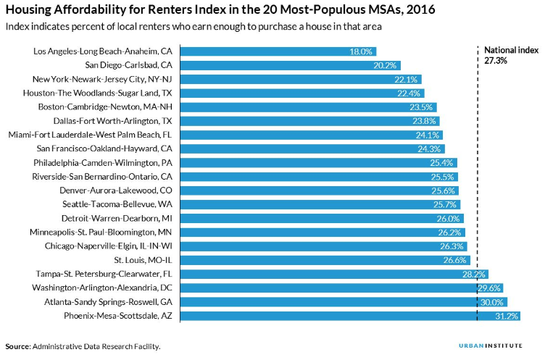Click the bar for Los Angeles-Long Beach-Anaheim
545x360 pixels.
pyautogui.click(x=278, y=51)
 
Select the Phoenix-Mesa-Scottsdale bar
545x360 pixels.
pyautogui.click(x=350, y=316)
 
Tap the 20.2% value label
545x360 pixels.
pyautogui.click(x=385, y=65)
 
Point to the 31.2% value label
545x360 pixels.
pyautogui.click(x=507, y=316)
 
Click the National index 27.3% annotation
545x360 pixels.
pyautogui.click(x=511, y=55)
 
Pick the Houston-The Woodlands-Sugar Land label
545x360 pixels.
pyautogui.click(x=97, y=93)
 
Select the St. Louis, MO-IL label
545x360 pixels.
pyautogui.click(x=143, y=260)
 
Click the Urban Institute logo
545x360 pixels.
pyautogui.click(x=491, y=346)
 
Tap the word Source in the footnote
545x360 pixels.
pyautogui.click(x=17, y=346)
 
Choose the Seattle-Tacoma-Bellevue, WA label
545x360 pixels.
pyautogui.click(x=117, y=204)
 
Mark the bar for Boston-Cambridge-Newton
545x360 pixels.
pyautogui.click(x=308, y=107)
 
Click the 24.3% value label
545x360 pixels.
pyautogui.click(x=429, y=148)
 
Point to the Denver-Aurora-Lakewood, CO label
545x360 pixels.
pyautogui.click(x=116, y=191)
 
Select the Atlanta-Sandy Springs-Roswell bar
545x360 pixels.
pyautogui.click(x=344, y=302)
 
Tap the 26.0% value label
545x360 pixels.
pyautogui.click(x=448, y=219)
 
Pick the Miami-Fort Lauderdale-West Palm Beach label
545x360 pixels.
pyautogui.click(x=90, y=135)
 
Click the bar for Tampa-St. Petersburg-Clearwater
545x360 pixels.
pyautogui.click(x=334, y=275)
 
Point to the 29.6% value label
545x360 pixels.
pyautogui.click(x=489, y=288)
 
